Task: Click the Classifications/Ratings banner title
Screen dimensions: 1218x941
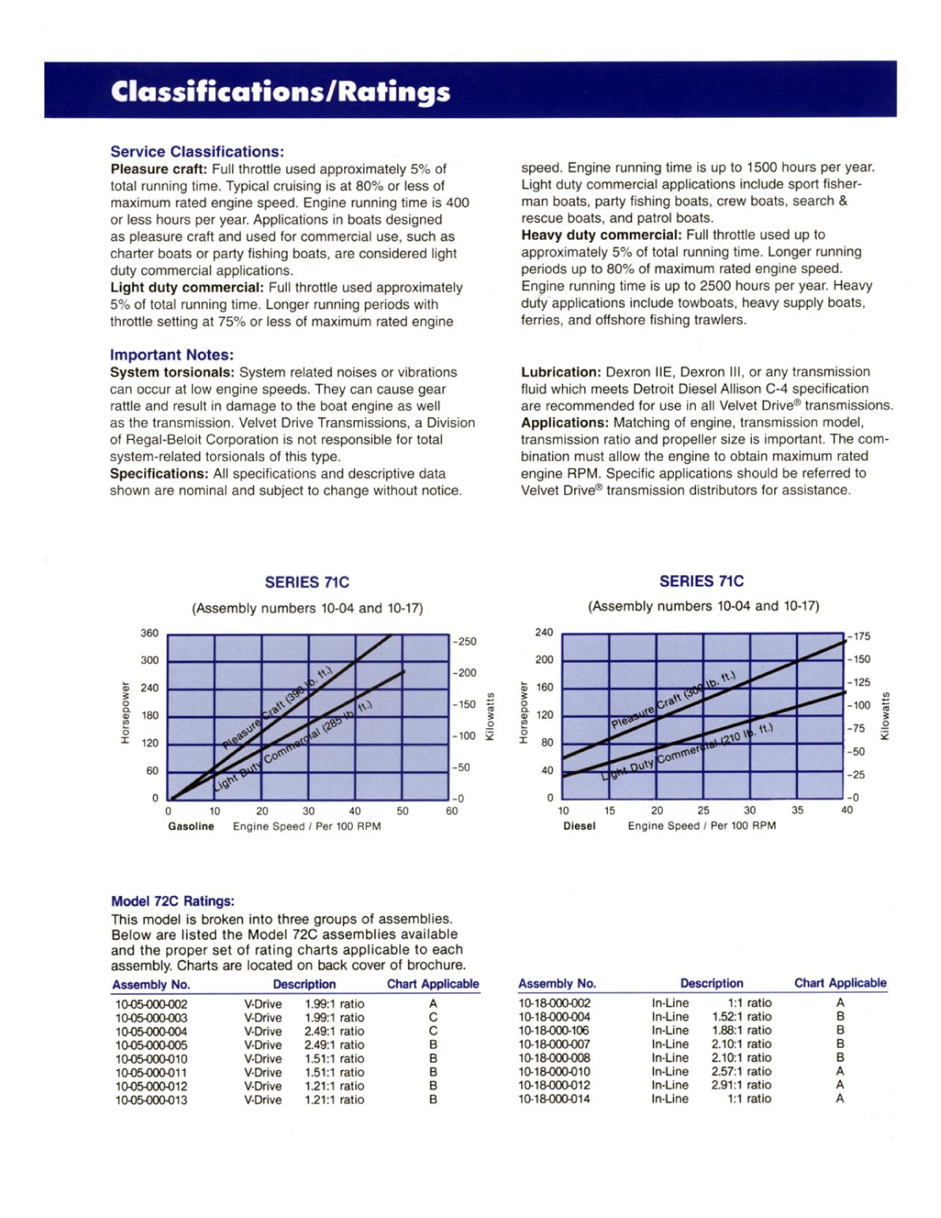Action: (x=280, y=92)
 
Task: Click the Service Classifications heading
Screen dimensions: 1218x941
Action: (x=197, y=152)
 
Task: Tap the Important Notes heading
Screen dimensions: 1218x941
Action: (x=172, y=355)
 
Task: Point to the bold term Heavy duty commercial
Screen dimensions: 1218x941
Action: (x=601, y=235)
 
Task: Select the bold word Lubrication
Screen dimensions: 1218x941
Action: (x=561, y=372)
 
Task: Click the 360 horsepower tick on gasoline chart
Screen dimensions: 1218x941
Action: (x=149, y=634)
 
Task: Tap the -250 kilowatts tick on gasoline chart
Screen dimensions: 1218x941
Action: (x=466, y=641)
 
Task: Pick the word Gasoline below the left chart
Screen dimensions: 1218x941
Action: (x=191, y=826)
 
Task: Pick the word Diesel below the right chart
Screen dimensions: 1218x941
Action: (x=579, y=826)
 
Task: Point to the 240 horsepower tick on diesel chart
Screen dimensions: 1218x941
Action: (x=544, y=633)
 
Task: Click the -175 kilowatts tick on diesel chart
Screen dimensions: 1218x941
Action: (x=859, y=636)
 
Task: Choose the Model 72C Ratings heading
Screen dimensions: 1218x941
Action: (x=172, y=902)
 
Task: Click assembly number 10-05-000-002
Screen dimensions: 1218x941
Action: (x=151, y=1004)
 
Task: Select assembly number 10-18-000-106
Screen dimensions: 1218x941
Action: (x=554, y=1031)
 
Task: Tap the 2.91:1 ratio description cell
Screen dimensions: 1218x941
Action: (x=741, y=1085)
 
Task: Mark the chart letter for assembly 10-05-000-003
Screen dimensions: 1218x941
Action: (x=433, y=1018)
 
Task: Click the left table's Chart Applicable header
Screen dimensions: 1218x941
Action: (x=433, y=985)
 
